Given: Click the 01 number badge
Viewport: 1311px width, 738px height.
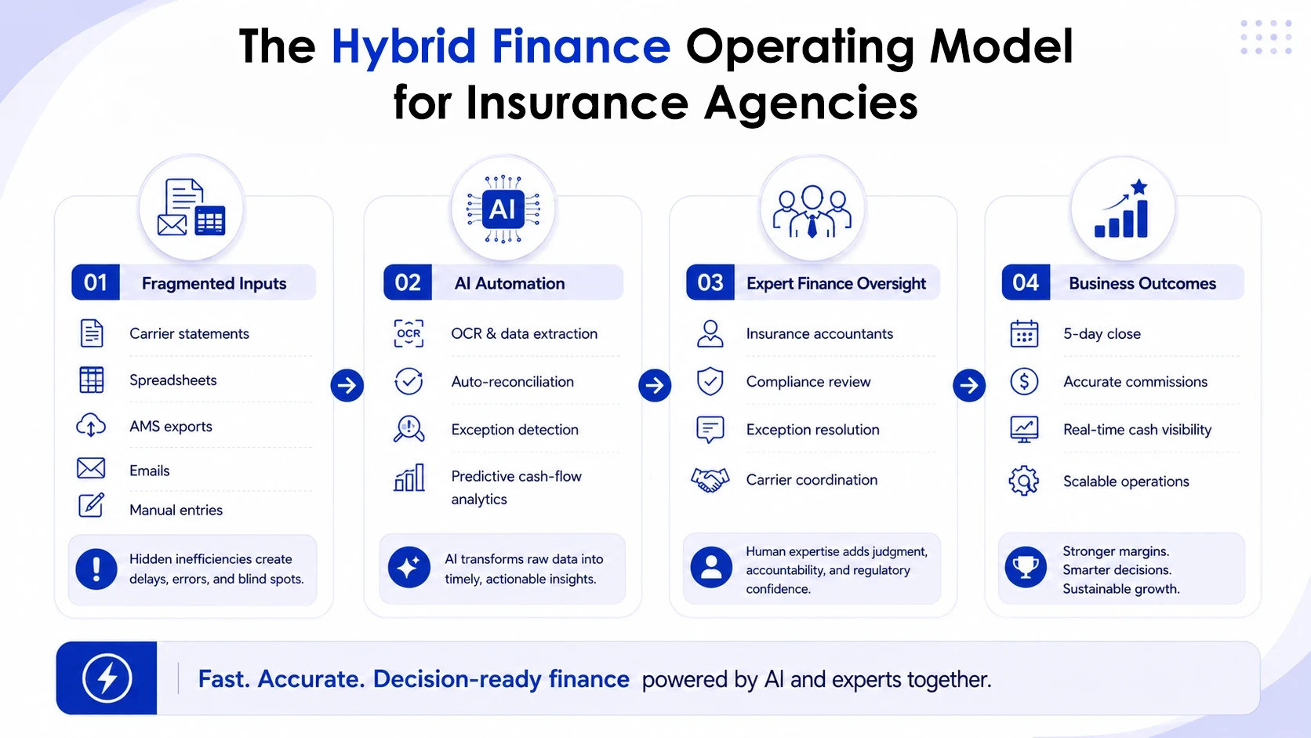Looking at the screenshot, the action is pyautogui.click(x=96, y=282).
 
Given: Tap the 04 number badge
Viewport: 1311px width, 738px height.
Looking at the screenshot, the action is pyautogui.click(x=1026, y=282).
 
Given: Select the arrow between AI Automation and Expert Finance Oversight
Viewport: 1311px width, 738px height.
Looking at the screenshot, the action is pyautogui.click(x=655, y=385).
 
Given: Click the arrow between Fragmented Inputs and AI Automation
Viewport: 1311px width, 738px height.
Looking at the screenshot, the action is pyautogui.click(x=347, y=385).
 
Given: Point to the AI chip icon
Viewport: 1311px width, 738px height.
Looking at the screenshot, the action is pyautogui.click(x=503, y=209).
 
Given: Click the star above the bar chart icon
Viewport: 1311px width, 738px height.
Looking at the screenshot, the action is pyautogui.click(x=1139, y=187).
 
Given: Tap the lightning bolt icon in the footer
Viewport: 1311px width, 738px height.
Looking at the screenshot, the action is pyautogui.click(x=107, y=678).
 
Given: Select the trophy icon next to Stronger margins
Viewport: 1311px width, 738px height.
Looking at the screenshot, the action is pyautogui.click(x=1026, y=566).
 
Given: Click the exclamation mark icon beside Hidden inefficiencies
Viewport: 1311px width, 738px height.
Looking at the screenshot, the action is pyautogui.click(x=96, y=569).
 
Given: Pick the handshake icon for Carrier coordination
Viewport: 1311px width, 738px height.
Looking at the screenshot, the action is pyautogui.click(x=710, y=480).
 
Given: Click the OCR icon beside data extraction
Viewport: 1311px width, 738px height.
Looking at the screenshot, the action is pyautogui.click(x=409, y=333).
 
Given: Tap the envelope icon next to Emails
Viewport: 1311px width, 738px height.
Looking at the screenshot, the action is pyautogui.click(x=91, y=468).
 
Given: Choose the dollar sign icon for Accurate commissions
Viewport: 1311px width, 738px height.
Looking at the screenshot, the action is pyautogui.click(x=1024, y=382).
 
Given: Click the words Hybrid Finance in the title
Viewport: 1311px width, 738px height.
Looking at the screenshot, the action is pyautogui.click(x=501, y=47).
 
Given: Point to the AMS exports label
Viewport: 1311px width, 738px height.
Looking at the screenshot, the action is pyautogui.click(x=171, y=427).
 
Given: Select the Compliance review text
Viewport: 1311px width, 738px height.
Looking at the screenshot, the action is pyautogui.click(x=808, y=382).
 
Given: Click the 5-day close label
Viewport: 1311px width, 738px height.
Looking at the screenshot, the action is pyautogui.click(x=1102, y=334).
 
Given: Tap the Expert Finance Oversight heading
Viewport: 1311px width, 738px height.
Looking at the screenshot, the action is pyautogui.click(x=837, y=284).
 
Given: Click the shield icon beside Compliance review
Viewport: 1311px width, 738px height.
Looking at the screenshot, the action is pyautogui.click(x=710, y=382).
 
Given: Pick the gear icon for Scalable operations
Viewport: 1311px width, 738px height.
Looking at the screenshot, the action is pyautogui.click(x=1024, y=481).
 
